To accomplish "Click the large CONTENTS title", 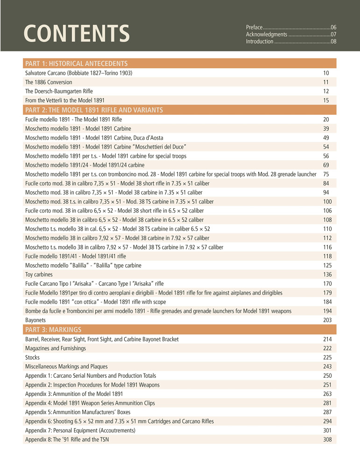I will pos(77,33).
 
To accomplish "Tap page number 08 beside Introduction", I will pos(333,42).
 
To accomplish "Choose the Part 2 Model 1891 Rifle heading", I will pos(94,110).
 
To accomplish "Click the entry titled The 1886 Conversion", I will pos(49,82).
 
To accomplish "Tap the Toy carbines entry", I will pos(39,274).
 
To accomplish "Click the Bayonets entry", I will pos(35,320).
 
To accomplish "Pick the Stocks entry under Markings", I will pos(32,357).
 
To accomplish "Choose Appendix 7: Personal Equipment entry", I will pos(80,430).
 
